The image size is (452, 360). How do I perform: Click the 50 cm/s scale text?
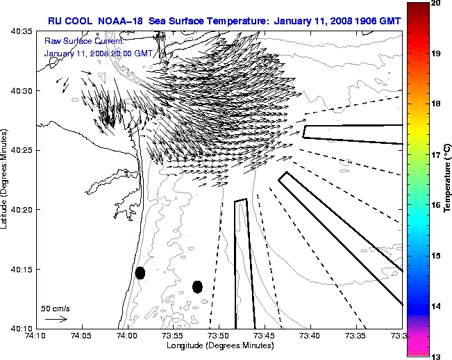pos(56,308)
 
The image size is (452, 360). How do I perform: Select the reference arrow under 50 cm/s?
pos(56,319)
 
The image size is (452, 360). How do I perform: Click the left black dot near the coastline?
pos(140,272)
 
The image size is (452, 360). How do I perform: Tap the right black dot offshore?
pos(198,286)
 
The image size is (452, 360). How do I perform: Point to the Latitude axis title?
pos(6,179)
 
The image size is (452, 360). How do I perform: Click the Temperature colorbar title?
pos(447,179)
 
